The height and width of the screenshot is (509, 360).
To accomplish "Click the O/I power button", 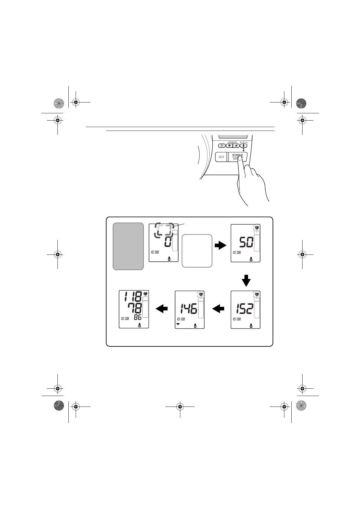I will pyautogui.click(x=221, y=157).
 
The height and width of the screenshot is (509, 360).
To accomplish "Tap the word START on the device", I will pyautogui.click(x=235, y=155).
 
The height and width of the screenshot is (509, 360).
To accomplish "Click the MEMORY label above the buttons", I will pyautogui.click(x=233, y=142).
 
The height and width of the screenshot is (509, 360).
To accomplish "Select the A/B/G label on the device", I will pyautogui.click(x=244, y=142).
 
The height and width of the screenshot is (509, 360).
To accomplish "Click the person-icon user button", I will pyautogui.click(x=244, y=146).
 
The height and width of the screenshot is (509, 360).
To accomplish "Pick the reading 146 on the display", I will pyautogui.click(x=188, y=309).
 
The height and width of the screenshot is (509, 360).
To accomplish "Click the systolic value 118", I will pyautogui.click(x=133, y=297).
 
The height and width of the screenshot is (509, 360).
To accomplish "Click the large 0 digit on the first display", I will pyautogui.click(x=168, y=242).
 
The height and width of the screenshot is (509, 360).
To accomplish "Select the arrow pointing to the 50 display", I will pyautogui.click(x=220, y=246).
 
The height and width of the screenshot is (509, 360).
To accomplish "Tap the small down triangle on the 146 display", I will pyautogui.click(x=178, y=324).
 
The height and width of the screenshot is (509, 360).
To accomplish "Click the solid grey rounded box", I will pyautogui.click(x=128, y=246).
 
